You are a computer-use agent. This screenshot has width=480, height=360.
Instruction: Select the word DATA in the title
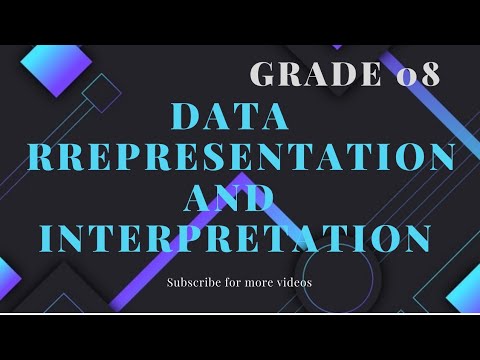pos(230,118)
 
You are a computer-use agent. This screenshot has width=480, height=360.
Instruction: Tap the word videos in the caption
pos(293,282)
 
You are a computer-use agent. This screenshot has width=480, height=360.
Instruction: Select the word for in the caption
pos(236,282)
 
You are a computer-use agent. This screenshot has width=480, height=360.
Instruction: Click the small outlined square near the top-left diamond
pos(100,92)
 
